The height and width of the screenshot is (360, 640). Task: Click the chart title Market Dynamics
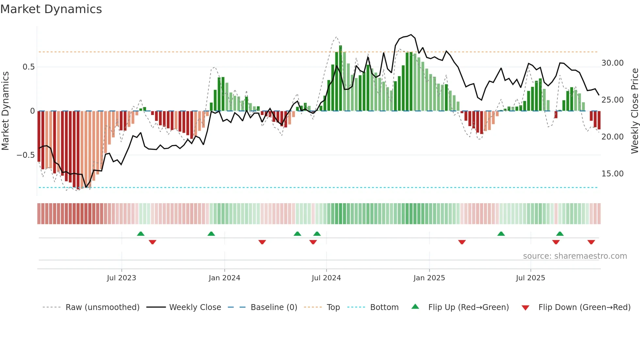pyautogui.click(x=51, y=9)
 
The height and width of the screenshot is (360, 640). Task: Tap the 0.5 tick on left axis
pyautogui.click(x=28, y=67)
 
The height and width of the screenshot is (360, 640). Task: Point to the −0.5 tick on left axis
pyautogui.click(x=25, y=155)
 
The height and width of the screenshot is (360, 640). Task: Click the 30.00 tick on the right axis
pyautogui.click(x=612, y=63)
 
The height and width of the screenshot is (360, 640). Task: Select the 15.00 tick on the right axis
pyautogui.click(x=612, y=174)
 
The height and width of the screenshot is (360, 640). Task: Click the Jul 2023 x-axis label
pyautogui.click(x=121, y=278)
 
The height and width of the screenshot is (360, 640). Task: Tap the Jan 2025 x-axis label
pyautogui.click(x=429, y=278)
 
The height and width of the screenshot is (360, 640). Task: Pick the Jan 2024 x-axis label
pyautogui.click(x=224, y=278)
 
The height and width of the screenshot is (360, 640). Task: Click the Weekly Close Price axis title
pyautogui.click(x=634, y=111)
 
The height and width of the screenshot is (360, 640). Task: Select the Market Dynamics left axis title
pyautogui.click(x=5, y=111)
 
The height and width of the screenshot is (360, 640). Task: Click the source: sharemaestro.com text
pyautogui.click(x=575, y=256)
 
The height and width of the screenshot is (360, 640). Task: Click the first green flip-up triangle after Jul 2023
pyautogui.click(x=141, y=234)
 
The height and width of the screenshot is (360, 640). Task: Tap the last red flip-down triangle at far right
pyautogui.click(x=591, y=242)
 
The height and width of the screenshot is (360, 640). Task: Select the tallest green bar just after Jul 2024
pyautogui.click(x=341, y=78)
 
